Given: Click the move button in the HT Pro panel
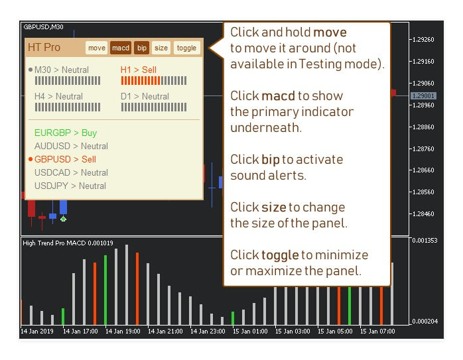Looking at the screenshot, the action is [97, 48].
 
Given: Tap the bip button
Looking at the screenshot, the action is [142, 48].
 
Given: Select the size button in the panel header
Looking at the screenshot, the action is [161, 48].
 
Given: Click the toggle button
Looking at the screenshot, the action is [186, 48].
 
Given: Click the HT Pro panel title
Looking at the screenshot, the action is [44, 47].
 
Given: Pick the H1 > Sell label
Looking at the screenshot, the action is [139, 70].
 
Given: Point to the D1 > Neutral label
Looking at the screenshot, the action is [145, 96].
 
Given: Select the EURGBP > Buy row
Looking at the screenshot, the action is [66, 133].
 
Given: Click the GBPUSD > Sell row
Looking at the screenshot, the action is [65, 159].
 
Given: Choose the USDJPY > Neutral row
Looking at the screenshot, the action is [70, 186].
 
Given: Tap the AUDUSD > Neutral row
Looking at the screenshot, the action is [71, 146].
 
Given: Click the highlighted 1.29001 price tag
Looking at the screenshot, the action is [423, 96].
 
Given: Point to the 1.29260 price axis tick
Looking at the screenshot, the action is [423, 40].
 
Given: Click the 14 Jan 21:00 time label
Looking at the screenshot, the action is [165, 331].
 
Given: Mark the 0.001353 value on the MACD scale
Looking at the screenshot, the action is [425, 241].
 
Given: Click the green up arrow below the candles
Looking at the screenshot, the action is [63, 219].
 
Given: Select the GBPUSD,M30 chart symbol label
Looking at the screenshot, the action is [43, 27].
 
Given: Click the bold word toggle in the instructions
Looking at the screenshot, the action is [280, 255].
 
